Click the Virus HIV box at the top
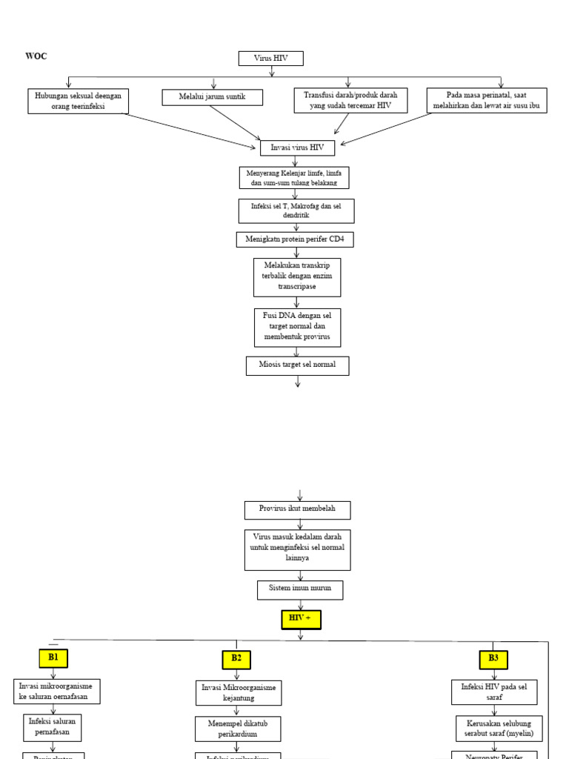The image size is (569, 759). [x=270, y=59]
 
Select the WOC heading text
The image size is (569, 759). [x=36, y=56]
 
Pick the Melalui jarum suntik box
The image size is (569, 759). [x=212, y=97]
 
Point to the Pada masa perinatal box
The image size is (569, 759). [x=486, y=100]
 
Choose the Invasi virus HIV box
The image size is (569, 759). [x=297, y=148]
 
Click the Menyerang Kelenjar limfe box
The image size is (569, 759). [x=294, y=178]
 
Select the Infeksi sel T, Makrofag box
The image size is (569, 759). [x=296, y=211]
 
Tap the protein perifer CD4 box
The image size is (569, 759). [x=295, y=239]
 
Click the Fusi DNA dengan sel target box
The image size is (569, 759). [x=297, y=327]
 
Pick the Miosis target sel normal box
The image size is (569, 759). [x=297, y=365]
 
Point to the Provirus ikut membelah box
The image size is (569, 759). [x=297, y=510]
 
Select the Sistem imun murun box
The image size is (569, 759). [x=300, y=590]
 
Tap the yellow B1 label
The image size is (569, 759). [x=53, y=657]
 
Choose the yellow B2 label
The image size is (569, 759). [x=236, y=659]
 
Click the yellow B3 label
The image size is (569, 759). [x=493, y=659]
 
